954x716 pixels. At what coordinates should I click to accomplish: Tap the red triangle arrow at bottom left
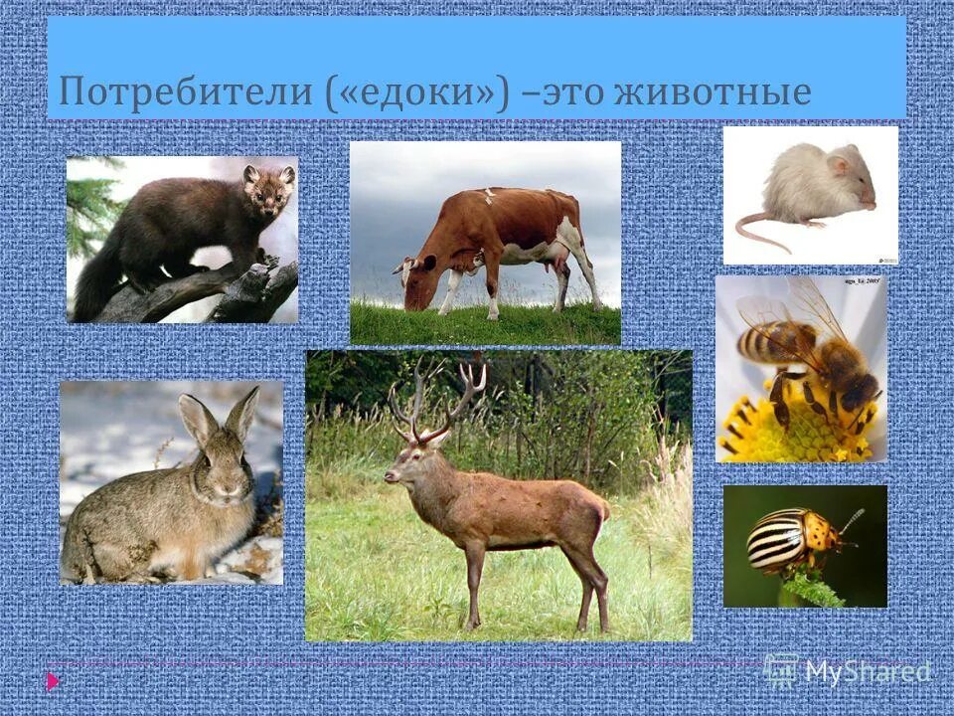53,681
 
